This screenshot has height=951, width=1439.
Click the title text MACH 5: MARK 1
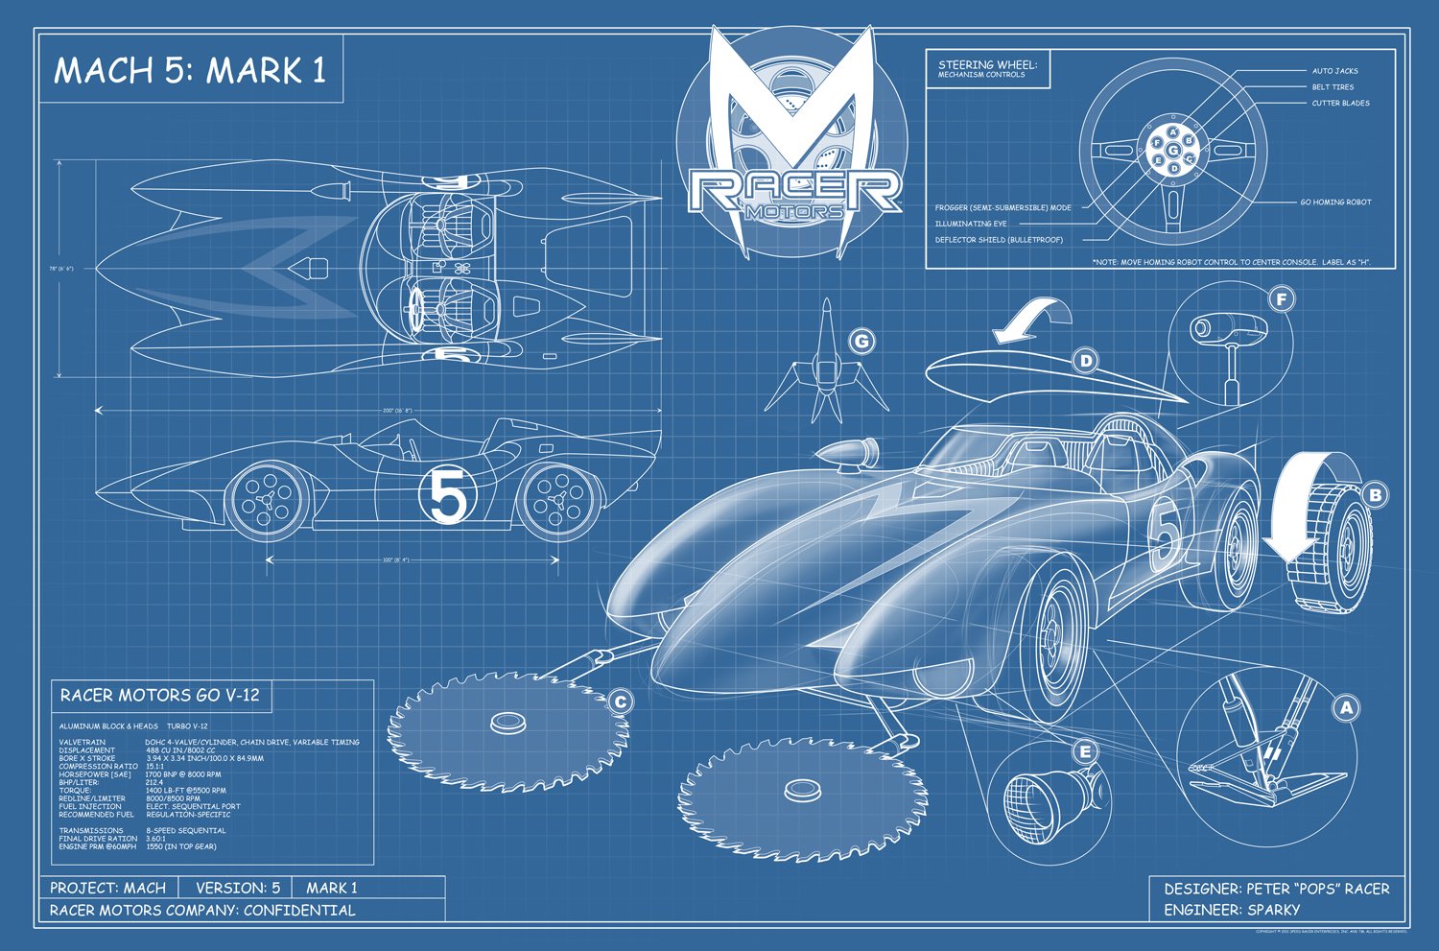[x=190, y=70]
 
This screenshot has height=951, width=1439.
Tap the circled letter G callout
[x=861, y=342]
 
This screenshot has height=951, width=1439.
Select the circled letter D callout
[x=1086, y=361]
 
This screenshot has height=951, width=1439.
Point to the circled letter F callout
[x=1281, y=299]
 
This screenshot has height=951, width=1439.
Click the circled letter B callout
[x=1375, y=495]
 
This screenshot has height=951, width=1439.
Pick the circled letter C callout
[x=620, y=702]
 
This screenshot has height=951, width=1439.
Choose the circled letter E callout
[x=1085, y=751]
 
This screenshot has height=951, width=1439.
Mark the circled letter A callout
[x=1347, y=708]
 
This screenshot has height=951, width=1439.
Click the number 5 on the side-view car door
[x=448, y=496]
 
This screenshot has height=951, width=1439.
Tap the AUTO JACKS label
[x=1334, y=71]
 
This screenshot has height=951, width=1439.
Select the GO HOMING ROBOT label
[x=1335, y=202]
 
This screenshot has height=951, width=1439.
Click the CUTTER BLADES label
[x=1340, y=103]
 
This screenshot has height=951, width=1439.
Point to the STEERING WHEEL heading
[x=987, y=65]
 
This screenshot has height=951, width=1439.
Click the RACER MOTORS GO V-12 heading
[x=159, y=695]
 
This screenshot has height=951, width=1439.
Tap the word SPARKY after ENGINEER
[x=1273, y=909]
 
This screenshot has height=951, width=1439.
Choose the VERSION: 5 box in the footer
[x=237, y=888]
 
